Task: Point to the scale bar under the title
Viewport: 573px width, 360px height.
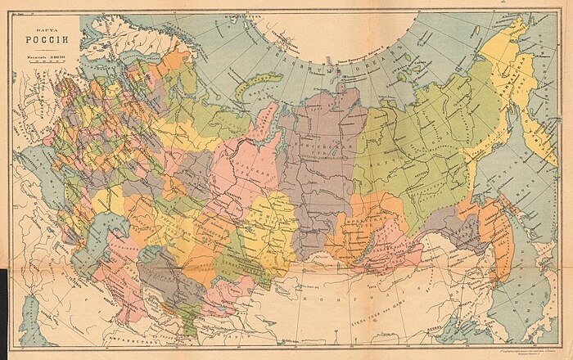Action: (x=41, y=67)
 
